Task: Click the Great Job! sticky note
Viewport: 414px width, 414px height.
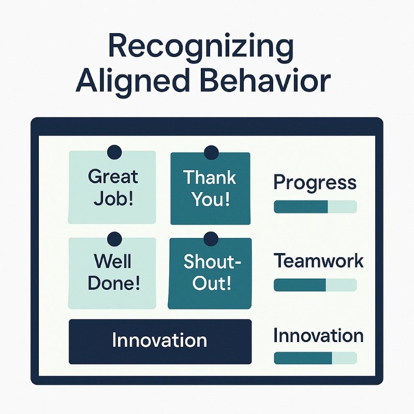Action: point(112,187)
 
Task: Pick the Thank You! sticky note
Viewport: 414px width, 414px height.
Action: point(210,188)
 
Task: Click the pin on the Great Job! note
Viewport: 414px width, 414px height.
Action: point(114,152)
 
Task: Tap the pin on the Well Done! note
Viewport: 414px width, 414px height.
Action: point(114,239)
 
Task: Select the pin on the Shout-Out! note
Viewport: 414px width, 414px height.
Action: point(211,239)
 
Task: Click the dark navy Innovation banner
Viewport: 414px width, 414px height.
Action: point(160,341)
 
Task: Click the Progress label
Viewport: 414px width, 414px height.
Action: point(315,183)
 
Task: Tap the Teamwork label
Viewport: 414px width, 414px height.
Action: point(318,261)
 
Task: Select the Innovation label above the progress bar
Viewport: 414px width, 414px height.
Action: point(318,336)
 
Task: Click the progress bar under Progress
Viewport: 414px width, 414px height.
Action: point(315,207)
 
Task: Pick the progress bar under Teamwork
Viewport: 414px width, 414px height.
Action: point(315,285)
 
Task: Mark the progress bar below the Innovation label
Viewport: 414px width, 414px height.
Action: point(315,358)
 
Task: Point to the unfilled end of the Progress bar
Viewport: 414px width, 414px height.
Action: point(342,207)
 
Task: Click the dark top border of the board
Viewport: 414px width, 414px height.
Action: point(207,126)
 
